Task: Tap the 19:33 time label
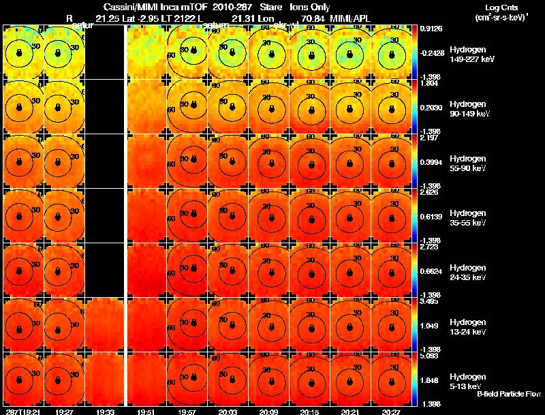[x=106, y=411]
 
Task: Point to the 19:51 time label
[x=146, y=411]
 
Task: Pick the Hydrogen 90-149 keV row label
[x=467, y=109]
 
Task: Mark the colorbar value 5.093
[x=431, y=356]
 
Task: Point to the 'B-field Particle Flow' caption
[x=508, y=394]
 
